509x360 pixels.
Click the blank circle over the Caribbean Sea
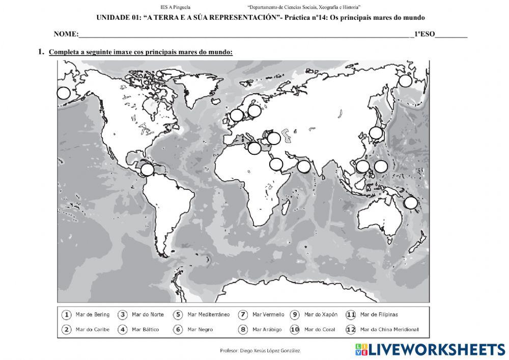click(x=147, y=170)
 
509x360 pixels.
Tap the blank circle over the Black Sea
click(x=274, y=138)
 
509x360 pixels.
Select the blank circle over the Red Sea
click(x=276, y=164)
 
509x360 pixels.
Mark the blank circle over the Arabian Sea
click(x=304, y=166)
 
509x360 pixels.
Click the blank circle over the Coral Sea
click(x=411, y=203)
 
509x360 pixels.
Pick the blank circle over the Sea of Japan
click(x=376, y=133)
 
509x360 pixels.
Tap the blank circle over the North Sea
click(x=237, y=115)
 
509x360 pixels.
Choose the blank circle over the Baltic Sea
click(x=254, y=110)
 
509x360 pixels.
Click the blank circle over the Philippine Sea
click(x=381, y=166)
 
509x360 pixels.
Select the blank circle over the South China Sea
click(x=362, y=167)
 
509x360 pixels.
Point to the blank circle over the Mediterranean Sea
click(x=254, y=148)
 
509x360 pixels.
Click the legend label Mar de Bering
click(x=92, y=315)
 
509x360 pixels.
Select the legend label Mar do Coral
click(x=320, y=329)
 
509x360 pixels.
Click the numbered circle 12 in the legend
click(x=350, y=329)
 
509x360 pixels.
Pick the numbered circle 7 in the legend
click(x=243, y=315)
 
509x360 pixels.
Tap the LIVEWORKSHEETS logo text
click(x=437, y=349)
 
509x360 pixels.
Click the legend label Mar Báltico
click(x=145, y=329)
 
